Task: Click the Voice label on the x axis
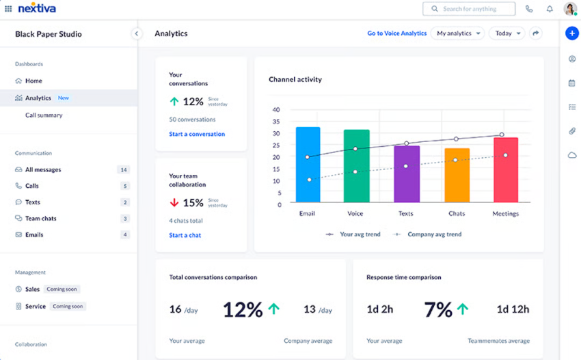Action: [x=355, y=214]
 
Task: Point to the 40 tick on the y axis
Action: [x=276, y=109]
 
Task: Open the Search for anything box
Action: [x=469, y=9]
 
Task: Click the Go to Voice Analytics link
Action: [x=396, y=33]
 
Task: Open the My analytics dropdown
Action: [x=457, y=33]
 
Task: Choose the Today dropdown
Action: [x=506, y=33]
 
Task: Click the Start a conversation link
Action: [x=197, y=135]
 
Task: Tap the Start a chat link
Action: [x=185, y=236]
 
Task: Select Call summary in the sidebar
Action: [x=44, y=115]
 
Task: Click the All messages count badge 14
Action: [x=123, y=170]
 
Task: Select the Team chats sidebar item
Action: [x=40, y=219]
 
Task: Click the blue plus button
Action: [x=572, y=33]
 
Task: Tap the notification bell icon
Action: [x=550, y=9]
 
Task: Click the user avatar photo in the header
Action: [x=570, y=9]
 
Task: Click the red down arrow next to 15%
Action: [x=174, y=203]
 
